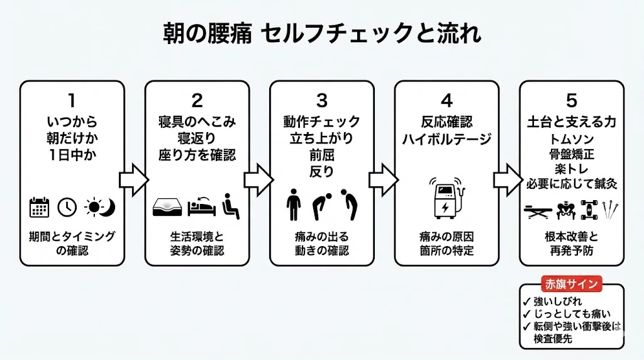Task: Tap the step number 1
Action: (72, 100)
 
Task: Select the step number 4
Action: (447, 100)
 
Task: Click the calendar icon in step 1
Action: (40, 207)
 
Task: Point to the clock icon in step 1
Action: (67, 207)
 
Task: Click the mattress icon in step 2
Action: (168, 207)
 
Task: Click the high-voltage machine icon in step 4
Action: (447, 200)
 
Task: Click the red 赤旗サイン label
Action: (572, 284)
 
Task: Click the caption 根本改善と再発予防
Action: (571, 244)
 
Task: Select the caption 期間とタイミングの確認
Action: (72, 244)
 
